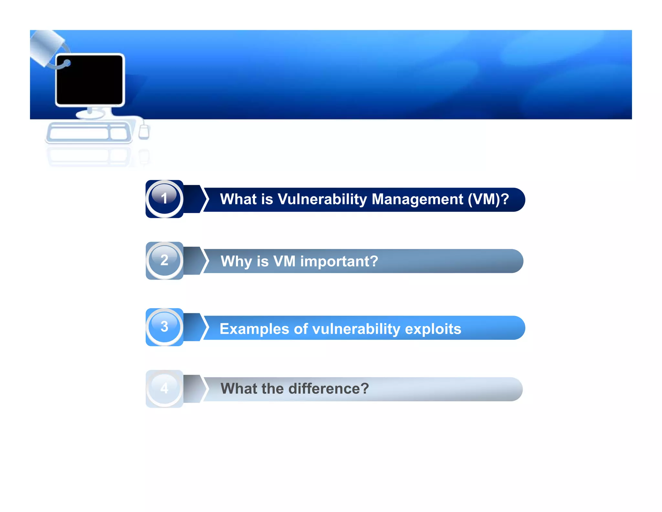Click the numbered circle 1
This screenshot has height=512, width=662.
(164, 199)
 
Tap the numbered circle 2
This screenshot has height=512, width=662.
(164, 261)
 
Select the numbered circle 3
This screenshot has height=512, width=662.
(164, 327)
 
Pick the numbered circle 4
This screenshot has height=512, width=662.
(164, 388)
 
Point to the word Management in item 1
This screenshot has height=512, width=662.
(417, 199)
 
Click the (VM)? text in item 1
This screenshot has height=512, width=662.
(488, 199)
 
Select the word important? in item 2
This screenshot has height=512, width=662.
(339, 262)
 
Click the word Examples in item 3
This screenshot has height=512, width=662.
(254, 329)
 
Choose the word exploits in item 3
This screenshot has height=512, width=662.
(433, 329)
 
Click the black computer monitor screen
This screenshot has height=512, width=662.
(90, 80)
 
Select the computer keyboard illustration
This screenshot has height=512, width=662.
(88, 133)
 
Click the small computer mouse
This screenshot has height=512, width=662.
(144, 132)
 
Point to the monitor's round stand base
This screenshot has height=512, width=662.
(90, 114)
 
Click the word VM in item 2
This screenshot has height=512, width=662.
(284, 262)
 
